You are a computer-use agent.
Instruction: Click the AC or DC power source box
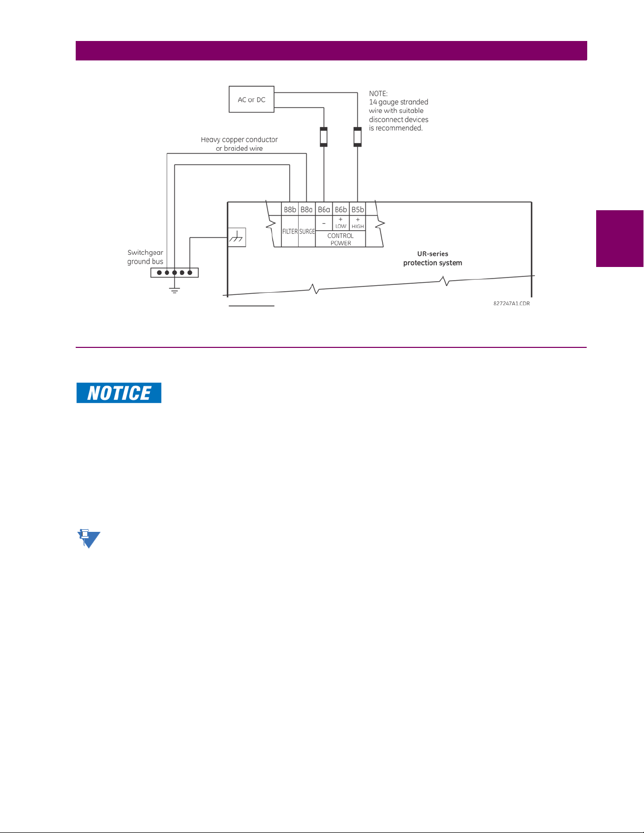pyautogui.click(x=251, y=99)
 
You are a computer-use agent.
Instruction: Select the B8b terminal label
pyautogui.click(x=290, y=210)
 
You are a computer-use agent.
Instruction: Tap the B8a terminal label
pyautogui.click(x=306, y=210)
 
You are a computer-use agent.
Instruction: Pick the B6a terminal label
pyautogui.click(x=324, y=210)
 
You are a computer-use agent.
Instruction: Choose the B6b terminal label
pyautogui.click(x=341, y=210)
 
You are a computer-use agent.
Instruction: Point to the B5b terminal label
pyautogui.click(x=357, y=210)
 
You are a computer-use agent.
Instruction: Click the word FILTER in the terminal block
pyautogui.click(x=290, y=231)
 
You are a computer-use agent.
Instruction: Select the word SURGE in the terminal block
pyautogui.click(x=307, y=231)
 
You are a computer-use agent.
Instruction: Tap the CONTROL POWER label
pyautogui.click(x=341, y=239)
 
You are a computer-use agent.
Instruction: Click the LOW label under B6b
pyautogui.click(x=341, y=227)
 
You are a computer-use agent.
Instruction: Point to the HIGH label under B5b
pyautogui.click(x=357, y=227)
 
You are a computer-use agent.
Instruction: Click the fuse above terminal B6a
pyautogui.click(x=324, y=137)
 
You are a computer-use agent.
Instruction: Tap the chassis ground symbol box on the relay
pyautogui.click(x=237, y=238)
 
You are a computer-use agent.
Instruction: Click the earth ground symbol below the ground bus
pyautogui.click(x=175, y=290)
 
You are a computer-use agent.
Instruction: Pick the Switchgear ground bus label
pyautogui.click(x=145, y=257)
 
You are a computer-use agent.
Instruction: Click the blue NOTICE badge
pyautogui.click(x=119, y=393)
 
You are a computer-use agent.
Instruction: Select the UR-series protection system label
pyautogui.click(x=433, y=258)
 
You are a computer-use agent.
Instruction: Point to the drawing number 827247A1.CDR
pyautogui.click(x=512, y=304)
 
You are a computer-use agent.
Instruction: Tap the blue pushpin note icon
pyautogui.click(x=88, y=539)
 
